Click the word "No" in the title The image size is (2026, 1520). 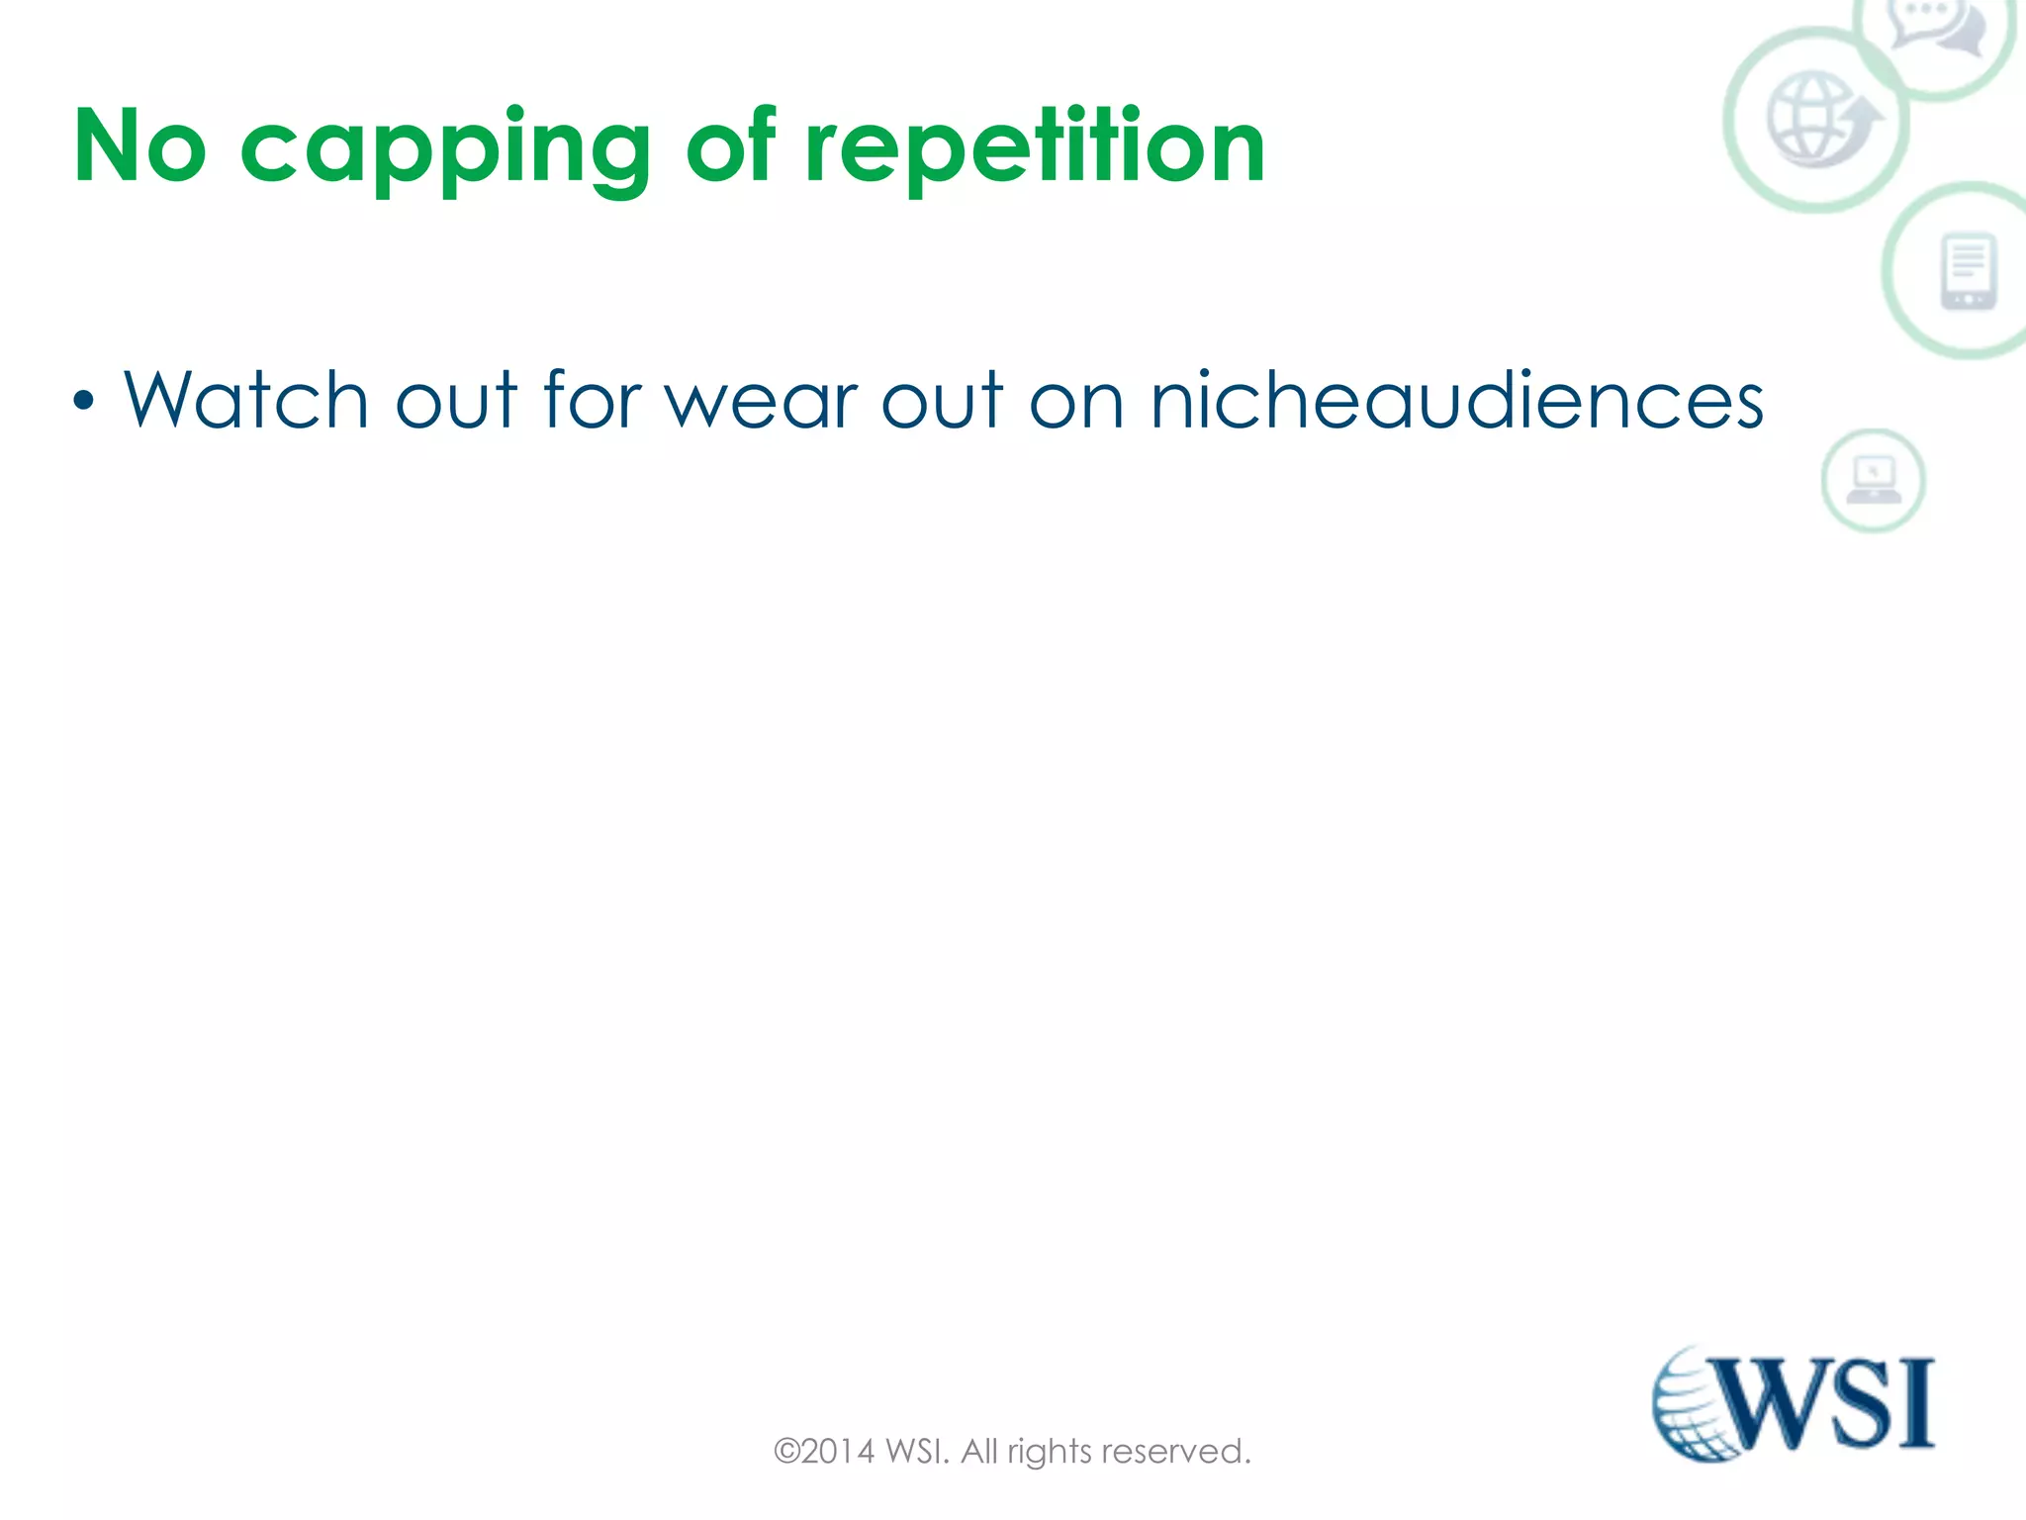(139, 146)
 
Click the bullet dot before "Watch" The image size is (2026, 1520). (84, 401)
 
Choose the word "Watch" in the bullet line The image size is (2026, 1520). (245, 400)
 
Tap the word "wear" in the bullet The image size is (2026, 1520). (763, 402)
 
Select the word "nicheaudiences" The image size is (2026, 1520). (1456, 400)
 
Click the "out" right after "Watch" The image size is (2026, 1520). (455, 400)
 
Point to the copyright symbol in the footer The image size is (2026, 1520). (786, 1452)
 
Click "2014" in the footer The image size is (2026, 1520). (838, 1452)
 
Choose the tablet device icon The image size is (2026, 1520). (1969, 271)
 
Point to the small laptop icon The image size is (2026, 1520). (1874, 480)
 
